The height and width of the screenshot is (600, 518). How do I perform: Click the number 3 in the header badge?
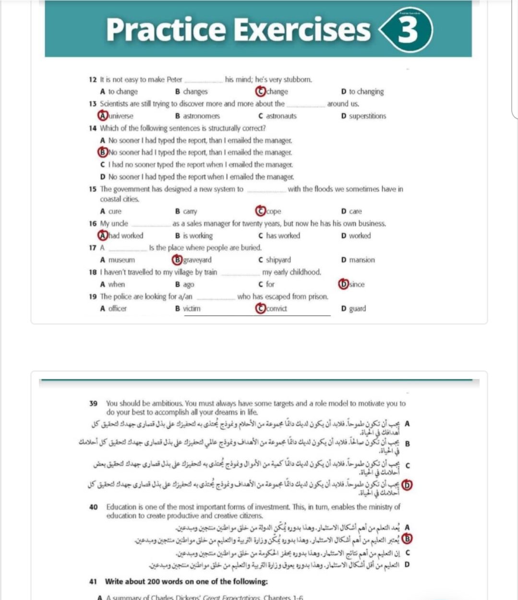[408, 30]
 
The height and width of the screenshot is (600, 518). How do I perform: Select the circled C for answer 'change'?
[260, 91]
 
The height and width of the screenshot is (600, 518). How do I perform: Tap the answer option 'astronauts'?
[281, 116]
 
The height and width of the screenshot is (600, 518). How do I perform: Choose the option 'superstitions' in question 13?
[367, 116]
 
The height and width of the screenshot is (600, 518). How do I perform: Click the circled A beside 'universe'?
[102, 116]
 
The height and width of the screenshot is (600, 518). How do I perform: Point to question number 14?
[93, 128]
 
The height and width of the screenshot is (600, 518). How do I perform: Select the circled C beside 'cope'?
[260, 211]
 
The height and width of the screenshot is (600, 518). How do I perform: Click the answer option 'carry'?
[190, 211]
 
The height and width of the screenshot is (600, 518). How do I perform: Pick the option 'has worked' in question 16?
[283, 235]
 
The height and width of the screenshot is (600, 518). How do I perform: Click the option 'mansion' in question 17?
[362, 260]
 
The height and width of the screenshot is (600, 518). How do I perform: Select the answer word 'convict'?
[277, 308]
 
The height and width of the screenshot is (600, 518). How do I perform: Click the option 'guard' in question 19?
[357, 308]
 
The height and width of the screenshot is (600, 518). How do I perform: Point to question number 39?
[94, 404]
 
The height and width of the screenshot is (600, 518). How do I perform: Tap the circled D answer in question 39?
[407, 485]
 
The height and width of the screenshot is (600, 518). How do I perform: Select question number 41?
[93, 581]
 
